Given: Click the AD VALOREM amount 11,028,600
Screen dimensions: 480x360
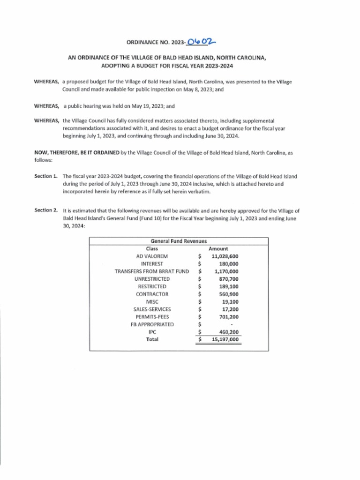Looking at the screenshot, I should tap(225, 256).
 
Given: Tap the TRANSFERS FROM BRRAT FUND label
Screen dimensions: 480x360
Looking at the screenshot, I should tap(151, 271).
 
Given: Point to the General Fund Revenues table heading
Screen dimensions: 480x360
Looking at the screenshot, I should tap(179, 241).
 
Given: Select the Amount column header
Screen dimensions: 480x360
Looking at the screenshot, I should tap(218, 248).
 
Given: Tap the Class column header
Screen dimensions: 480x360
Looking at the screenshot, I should tap(152, 248).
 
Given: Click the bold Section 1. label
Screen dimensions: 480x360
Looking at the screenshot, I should tap(46, 176).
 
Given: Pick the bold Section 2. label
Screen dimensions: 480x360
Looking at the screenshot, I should tap(46, 210).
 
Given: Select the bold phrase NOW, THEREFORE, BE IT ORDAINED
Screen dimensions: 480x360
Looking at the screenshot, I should tap(77, 153).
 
